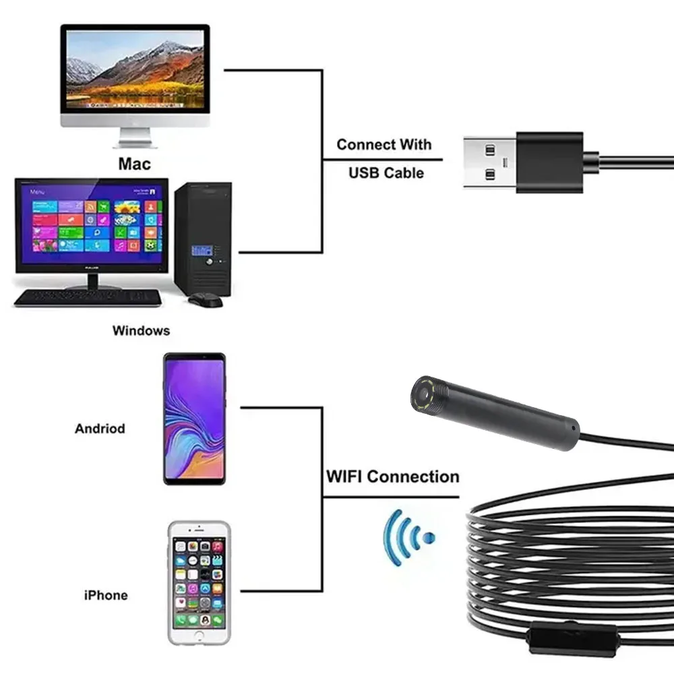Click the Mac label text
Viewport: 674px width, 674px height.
coord(135,164)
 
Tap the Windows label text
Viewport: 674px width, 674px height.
coord(141,330)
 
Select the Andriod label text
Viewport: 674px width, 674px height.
coord(100,428)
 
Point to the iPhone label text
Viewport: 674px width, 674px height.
coord(106,595)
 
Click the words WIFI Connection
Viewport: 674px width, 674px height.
coord(392,477)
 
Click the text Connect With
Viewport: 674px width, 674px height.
coord(384,144)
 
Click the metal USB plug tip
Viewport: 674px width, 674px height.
coord(490,162)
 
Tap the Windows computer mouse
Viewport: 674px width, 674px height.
coord(206,300)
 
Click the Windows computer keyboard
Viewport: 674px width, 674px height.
coord(88,298)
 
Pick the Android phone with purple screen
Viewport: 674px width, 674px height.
coord(194,418)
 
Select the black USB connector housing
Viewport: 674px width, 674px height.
coord(549,162)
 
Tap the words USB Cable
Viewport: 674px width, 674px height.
coord(386,173)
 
